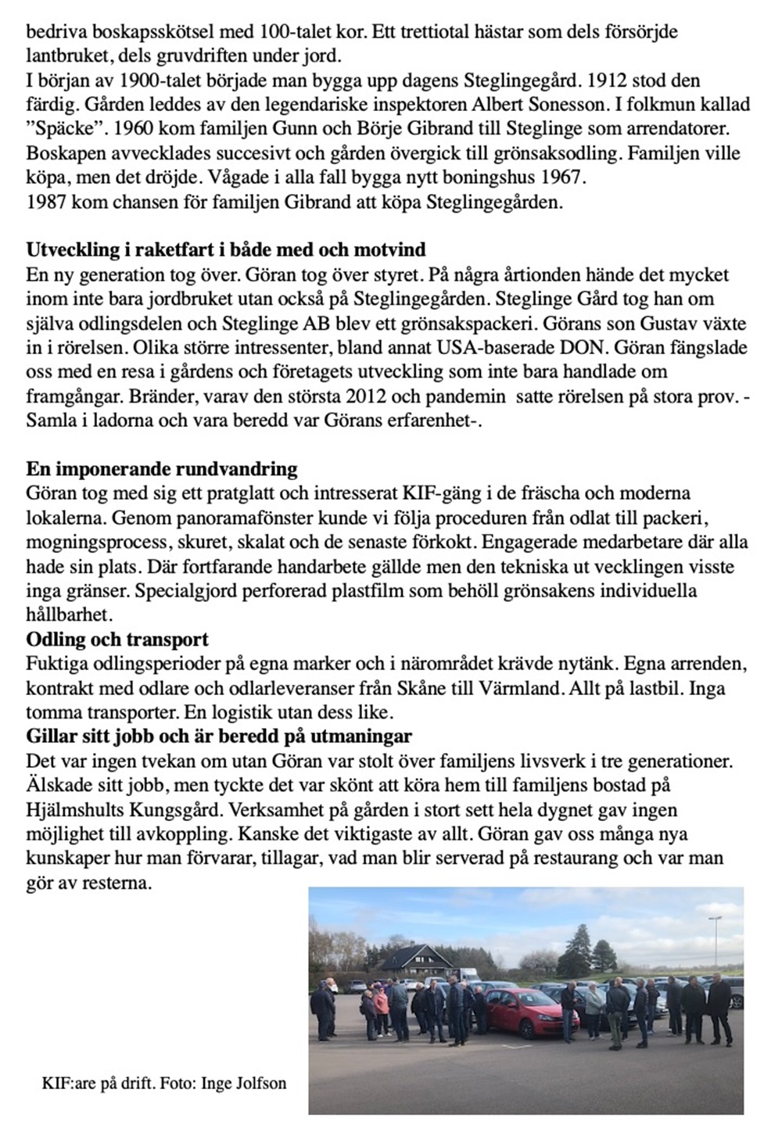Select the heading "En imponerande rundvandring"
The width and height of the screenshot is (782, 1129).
(x=162, y=469)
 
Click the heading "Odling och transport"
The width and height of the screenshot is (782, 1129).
(x=117, y=639)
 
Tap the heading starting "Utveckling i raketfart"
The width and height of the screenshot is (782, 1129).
(x=226, y=250)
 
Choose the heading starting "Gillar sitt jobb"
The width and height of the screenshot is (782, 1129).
(x=219, y=737)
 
